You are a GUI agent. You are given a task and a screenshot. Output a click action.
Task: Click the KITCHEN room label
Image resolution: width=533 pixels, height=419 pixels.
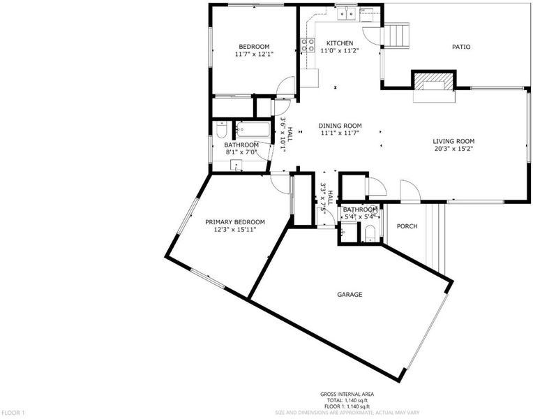(340, 43)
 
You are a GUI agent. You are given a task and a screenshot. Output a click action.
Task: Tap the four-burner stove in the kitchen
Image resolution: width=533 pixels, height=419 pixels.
(308, 45)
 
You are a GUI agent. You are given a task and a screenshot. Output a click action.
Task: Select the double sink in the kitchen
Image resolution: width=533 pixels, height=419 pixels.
(346, 13)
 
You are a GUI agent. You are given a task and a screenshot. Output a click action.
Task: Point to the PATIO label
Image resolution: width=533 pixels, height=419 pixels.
(461, 47)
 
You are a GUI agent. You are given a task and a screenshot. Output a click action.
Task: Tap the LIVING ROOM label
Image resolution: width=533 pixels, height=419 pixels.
(453, 141)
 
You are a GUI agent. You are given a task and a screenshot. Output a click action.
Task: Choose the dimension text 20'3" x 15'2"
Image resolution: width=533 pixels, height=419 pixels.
(453, 149)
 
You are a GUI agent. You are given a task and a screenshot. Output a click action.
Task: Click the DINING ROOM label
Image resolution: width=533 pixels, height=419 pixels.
(340, 126)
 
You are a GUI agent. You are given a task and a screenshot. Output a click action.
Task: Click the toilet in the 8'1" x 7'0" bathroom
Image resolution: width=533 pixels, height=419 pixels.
(221, 131)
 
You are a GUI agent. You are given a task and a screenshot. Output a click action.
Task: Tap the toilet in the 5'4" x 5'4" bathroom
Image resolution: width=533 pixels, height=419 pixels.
(370, 234)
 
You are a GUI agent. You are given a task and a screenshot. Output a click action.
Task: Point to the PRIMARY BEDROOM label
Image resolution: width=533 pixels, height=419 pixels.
(235, 222)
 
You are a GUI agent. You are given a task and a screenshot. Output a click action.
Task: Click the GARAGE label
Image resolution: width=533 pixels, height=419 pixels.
(350, 295)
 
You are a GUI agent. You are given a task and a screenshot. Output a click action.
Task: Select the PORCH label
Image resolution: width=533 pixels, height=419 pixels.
(407, 226)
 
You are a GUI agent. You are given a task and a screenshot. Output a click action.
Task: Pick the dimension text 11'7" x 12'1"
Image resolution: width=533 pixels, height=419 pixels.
(254, 54)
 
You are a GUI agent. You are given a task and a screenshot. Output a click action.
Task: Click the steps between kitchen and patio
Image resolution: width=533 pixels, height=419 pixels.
(396, 36)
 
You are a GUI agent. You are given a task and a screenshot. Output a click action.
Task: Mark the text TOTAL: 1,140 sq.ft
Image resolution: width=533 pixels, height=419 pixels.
(347, 400)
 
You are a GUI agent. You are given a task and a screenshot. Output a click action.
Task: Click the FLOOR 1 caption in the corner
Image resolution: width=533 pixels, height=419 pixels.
(13, 413)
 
